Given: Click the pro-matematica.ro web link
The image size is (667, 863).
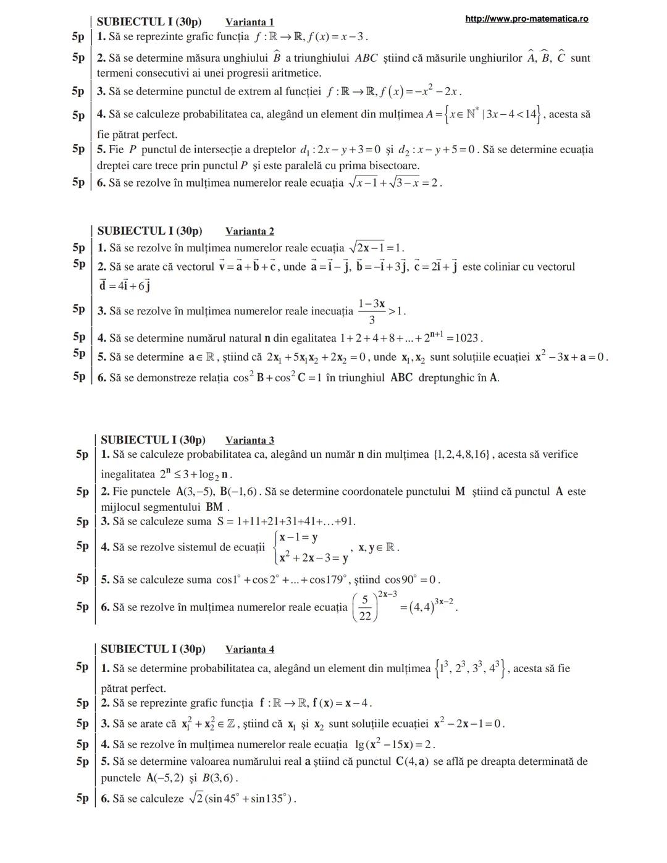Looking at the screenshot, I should click(x=526, y=19).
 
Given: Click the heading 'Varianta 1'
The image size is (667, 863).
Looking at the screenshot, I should click(x=250, y=22).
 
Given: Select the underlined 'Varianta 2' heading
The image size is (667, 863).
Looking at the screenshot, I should click(x=250, y=232).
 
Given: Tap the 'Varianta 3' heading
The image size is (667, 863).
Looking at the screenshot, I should click(x=250, y=440).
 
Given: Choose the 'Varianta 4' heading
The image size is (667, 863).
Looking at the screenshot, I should click(x=250, y=649).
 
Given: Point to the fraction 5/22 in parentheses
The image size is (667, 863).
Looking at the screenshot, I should click(x=365, y=608).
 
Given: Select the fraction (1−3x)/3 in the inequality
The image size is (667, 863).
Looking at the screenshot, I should click(x=372, y=311).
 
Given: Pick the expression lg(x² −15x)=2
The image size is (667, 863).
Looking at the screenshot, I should click(x=395, y=744).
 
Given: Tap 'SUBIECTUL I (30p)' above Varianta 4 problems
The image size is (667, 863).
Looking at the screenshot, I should click(x=153, y=649).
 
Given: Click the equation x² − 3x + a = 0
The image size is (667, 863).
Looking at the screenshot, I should click(x=571, y=357).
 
